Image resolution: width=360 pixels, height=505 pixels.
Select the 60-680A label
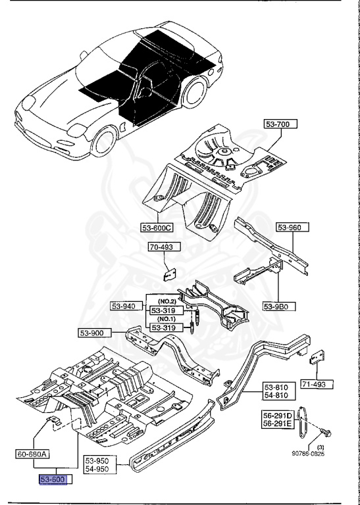coord(33,453)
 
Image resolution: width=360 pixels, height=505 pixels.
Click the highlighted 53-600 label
coord(56,481)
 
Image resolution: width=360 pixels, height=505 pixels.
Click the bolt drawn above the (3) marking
coord(327,433)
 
